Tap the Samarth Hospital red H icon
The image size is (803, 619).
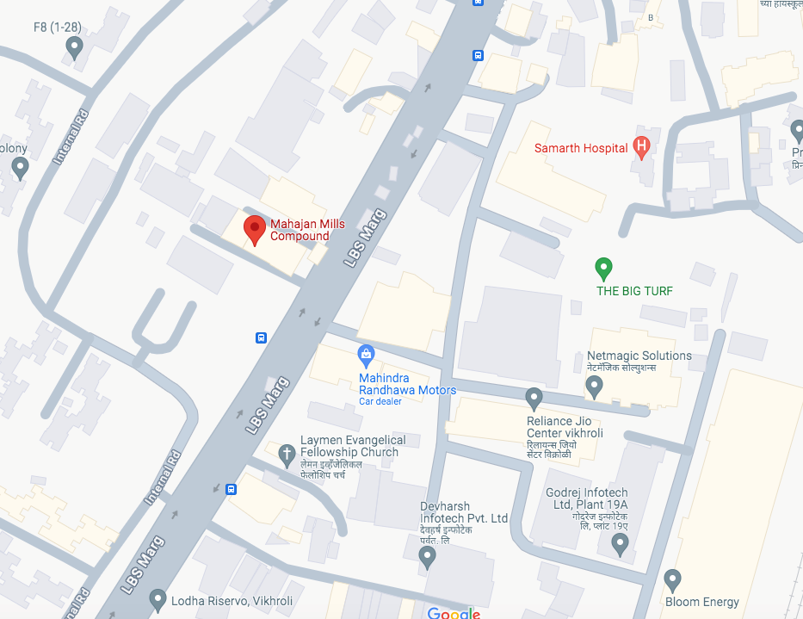click(x=640, y=147)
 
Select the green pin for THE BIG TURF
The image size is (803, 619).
click(x=604, y=268)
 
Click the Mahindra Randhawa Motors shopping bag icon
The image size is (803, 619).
click(x=367, y=354)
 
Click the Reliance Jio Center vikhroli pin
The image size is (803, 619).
click(x=534, y=398)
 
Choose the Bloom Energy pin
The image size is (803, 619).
click(x=673, y=579)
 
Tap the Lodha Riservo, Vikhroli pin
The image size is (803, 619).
click(x=158, y=597)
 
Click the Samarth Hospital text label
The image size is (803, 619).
click(x=581, y=148)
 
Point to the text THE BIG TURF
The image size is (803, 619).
click(x=635, y=291)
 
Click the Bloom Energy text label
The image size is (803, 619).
click(x=701, y=602)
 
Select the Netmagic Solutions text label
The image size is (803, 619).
click(x=639, y=356)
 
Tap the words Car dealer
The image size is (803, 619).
click(x=380, y=402)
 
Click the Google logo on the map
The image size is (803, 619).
click(x=454, y=613)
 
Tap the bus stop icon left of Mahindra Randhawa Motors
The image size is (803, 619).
click(x=261, y=337)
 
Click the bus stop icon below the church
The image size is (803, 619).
click(x=231, y=490)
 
